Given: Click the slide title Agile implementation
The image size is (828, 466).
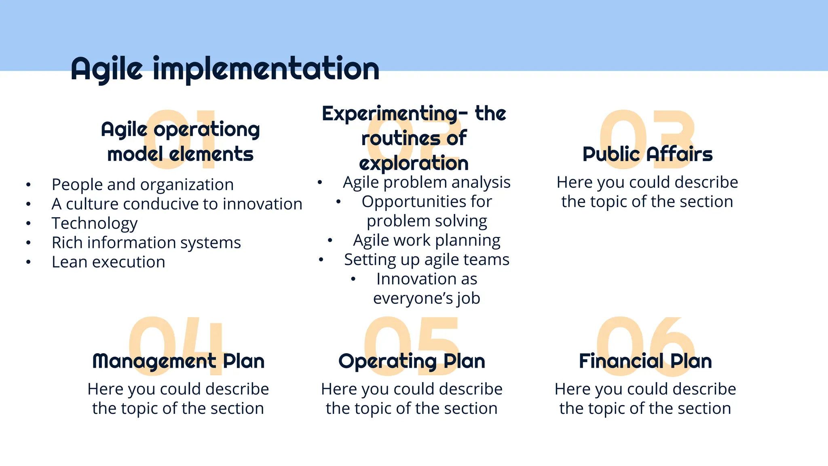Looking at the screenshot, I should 225,69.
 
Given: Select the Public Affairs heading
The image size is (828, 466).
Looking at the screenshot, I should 647,154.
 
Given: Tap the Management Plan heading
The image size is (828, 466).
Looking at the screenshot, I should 178,361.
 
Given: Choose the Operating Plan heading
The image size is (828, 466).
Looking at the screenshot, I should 412,361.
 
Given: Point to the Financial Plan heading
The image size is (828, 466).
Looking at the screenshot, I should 645,361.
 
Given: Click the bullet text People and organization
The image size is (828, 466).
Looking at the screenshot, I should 143,184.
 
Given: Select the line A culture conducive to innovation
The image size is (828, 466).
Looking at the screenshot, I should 177,204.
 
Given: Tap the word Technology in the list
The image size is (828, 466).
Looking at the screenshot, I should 95,223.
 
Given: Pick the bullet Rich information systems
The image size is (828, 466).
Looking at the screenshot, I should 146,243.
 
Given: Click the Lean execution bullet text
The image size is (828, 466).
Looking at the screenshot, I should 108,262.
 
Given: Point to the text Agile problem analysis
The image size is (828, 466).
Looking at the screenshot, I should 427,182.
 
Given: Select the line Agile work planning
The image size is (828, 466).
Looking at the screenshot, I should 427,240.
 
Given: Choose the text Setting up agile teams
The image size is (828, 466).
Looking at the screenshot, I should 427,260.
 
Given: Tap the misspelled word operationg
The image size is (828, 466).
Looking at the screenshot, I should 207,130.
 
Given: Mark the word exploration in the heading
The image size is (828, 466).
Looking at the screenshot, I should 414,163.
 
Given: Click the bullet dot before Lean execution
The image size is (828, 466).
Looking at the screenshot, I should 28,262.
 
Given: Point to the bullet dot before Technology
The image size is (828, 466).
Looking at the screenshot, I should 28,223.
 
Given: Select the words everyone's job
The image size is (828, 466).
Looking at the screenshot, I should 427,299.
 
